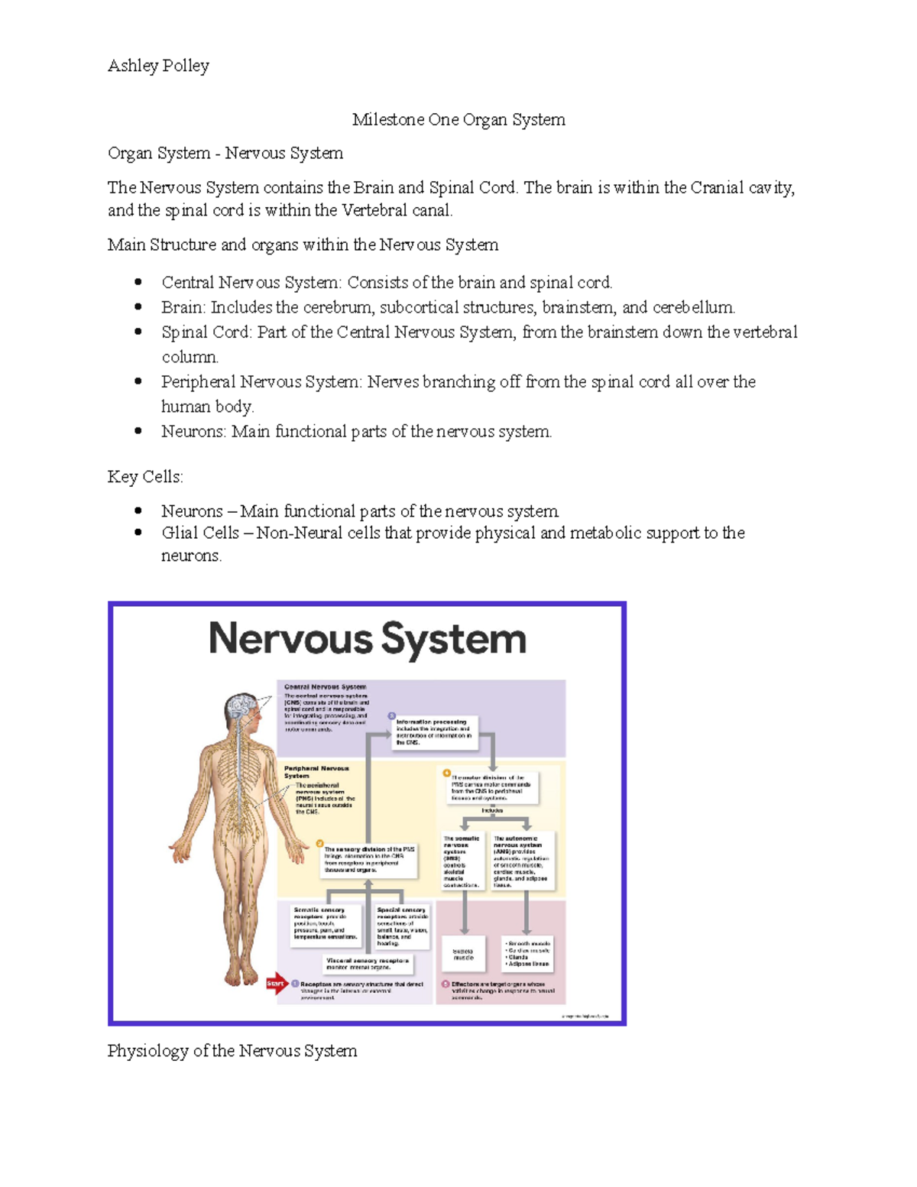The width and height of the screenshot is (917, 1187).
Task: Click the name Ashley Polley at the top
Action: (158, 66)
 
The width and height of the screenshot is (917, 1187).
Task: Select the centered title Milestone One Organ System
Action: (458, 120)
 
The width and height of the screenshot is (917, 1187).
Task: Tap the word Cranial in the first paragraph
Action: (717, 188)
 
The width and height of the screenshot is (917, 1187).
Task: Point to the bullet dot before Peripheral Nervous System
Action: (138, 381)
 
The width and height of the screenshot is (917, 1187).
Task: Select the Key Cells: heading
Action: (145, 477)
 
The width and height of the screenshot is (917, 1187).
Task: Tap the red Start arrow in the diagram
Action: (276, 984)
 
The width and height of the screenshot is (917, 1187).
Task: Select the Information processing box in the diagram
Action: (434, 731)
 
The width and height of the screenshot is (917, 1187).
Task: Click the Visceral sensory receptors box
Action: (368, 964)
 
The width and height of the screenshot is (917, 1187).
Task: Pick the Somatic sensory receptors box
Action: (325, 923)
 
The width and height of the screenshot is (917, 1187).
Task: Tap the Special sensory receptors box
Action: (402, 926)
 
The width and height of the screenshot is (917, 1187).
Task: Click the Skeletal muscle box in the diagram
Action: (464, 954)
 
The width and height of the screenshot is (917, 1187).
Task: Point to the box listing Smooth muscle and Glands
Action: (527, 954)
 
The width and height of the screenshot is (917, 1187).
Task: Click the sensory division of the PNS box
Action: (369, 859)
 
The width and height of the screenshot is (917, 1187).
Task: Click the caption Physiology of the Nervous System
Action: (232, 1051)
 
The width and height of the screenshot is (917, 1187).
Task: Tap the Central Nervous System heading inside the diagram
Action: (325, 687)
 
